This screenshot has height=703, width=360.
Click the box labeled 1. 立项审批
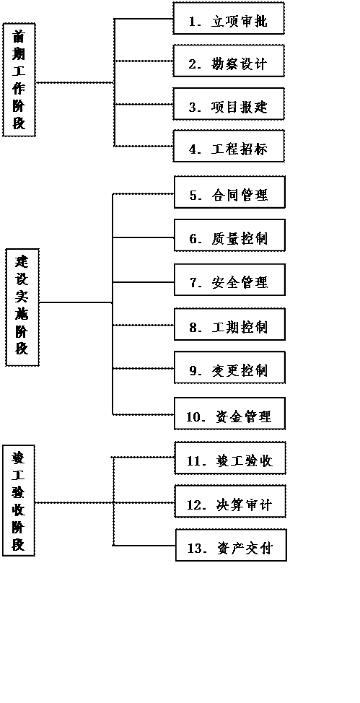click(x=229, y=18)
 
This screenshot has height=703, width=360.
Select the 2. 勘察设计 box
click(x=229, y=61)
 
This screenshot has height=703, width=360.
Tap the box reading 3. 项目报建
click(x=229, y=104)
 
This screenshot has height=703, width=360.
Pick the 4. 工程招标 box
click(x=229, y=147)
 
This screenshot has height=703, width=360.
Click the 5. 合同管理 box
click(x=229, y=192)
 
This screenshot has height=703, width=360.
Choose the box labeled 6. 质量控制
click(x=229, y=235)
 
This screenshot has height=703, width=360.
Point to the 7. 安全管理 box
click(x=229, y=280)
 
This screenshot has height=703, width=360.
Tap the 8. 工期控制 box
click(x=229, y=324)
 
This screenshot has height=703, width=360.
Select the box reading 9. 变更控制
click(x=229, y=367)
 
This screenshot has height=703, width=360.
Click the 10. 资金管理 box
click(x=229, y=414)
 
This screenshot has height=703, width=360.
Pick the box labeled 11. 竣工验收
click(x=230, y=458)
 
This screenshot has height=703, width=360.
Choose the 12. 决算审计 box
click(x=230, y=501)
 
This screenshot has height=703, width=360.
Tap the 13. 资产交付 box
click(x=231, y=545)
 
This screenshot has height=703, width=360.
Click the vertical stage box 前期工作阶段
click(x=19, y=80)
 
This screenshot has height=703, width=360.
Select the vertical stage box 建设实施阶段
click(x=22, y=307)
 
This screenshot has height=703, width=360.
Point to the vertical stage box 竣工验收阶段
click(x=18, y=501)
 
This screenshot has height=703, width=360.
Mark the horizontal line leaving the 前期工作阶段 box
click(x=75, y=82)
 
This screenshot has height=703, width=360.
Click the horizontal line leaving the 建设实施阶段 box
click(x=76, y=302)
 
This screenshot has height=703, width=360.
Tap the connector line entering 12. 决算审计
click(x=144, y=502)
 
